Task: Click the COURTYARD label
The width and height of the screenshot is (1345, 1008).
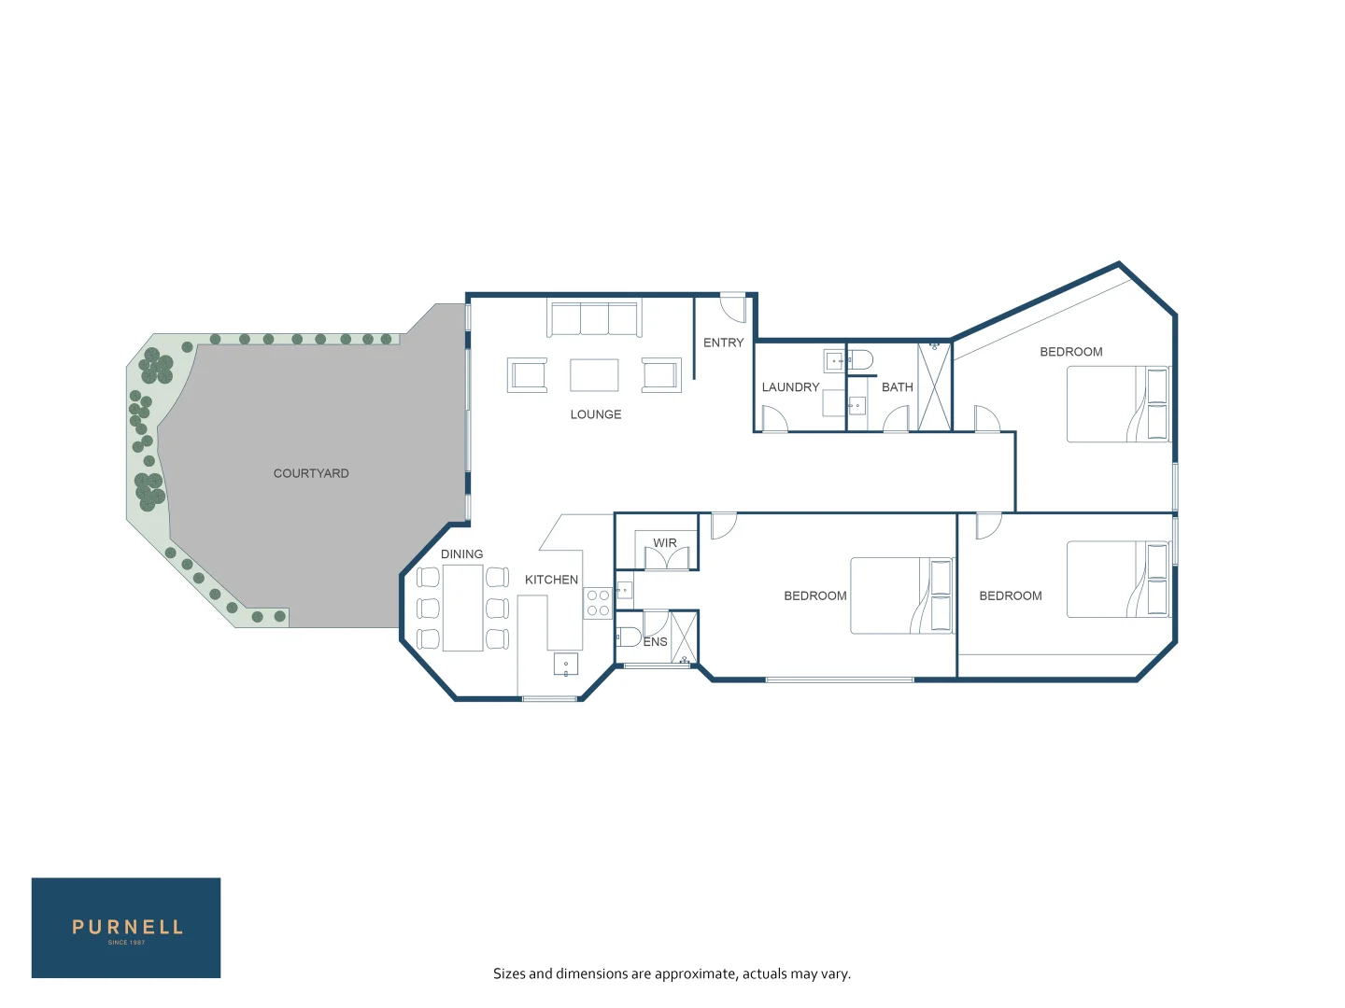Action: pos(311,473)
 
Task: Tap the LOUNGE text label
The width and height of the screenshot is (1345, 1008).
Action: pos(596,414)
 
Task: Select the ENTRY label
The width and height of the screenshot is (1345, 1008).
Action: pos(723,343)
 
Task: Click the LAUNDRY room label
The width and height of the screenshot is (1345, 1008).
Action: pos(790,387)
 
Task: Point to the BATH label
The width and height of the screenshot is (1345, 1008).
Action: pos(897,387)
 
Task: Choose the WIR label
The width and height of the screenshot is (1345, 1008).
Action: pos(665,543)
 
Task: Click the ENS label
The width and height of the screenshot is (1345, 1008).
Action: pos(656,642)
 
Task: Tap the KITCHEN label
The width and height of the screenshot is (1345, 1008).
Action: pos(551,580)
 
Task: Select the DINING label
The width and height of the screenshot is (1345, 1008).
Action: pos(461,554)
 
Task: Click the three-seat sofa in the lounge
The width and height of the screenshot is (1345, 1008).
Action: pos(594,318)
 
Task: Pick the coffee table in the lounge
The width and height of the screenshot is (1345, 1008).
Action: pos(594,375)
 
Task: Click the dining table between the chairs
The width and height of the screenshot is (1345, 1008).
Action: pos(462,608)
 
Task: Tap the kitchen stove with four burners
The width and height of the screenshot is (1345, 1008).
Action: pos(598,603)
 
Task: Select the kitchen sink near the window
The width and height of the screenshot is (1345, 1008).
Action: pos(566,665)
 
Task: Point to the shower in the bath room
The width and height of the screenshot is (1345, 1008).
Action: pos(934,386)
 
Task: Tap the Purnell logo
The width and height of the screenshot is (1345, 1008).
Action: pos(126,928)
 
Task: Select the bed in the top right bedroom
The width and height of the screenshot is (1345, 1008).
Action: pos(1118,404)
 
